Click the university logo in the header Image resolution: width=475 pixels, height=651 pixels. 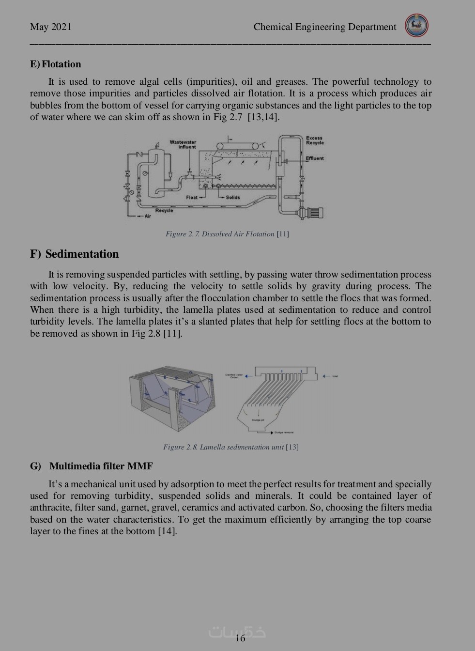coord(417,26)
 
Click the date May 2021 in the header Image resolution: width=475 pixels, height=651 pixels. coord(51,27)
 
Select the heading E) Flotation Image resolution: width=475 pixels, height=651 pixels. coord(56,64)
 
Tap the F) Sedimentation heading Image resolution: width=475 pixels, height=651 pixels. coord(75,254)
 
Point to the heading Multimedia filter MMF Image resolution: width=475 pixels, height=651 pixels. coord(101,466)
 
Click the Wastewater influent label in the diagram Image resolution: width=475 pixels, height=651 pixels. coord(183,144)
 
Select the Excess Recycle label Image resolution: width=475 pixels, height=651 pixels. coord(315,140)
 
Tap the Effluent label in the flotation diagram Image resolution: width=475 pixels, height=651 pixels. coord(315,158)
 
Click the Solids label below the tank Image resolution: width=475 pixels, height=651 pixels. coord(232,197)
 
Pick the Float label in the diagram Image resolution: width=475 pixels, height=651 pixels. coord(192,197)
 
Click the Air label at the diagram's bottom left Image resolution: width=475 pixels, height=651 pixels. coord(148,216)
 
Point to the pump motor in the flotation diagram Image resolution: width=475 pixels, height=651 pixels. coord(314,212)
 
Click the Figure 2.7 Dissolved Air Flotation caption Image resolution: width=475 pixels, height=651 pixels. coord(227,234)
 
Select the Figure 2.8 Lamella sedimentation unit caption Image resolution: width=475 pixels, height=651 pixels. coord(230,447)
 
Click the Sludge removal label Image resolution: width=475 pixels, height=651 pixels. coord(284,433)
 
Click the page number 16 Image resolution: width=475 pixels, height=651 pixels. coord(240,638)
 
